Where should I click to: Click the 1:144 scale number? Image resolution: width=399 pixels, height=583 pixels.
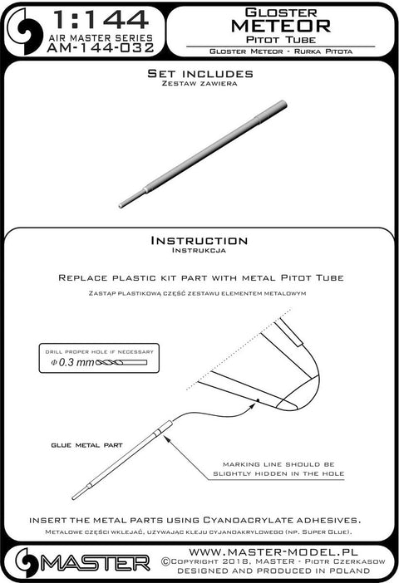click(x=101, y=21)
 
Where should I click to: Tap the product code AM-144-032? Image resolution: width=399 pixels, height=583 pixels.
click(x=101, y=48)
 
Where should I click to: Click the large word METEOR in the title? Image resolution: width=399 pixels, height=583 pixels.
click(x=281, y=26)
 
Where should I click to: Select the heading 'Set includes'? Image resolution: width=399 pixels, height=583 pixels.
click(x=199, y=73)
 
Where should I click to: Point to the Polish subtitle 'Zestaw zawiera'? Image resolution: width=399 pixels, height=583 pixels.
click(x=199, y=83)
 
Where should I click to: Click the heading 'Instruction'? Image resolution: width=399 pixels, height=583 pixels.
click(x=199, y=241)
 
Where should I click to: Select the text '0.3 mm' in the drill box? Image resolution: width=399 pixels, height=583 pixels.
click(x=76, y=362)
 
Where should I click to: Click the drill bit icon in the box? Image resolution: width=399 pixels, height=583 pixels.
click(x=121, y=363)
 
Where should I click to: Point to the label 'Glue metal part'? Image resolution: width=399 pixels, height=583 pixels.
click(x=86, y=445)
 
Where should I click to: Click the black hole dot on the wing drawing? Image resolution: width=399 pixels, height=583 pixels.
click(x=257, y=400)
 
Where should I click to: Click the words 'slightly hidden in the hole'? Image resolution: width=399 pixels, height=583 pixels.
click(x=278, y=473)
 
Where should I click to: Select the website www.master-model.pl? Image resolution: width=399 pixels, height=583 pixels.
click(x=273, y=551)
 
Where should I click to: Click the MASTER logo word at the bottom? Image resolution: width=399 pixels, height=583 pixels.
click(x=96, y=564)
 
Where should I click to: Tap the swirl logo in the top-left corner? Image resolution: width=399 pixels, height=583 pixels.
click(x=25, y=32)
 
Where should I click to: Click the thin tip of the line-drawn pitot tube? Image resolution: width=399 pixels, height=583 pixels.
click(x=74, y=497)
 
